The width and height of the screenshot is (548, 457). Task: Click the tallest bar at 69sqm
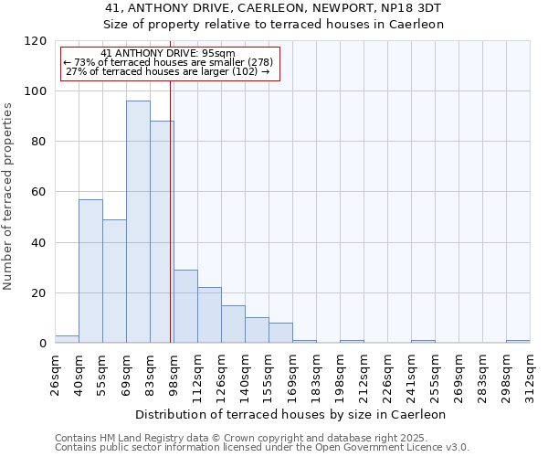coord(138,222)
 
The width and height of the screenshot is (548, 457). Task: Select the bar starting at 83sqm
coord(162,232)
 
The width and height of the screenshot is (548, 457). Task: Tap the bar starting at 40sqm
coord(90,271)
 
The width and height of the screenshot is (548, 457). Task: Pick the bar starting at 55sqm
coord(114,282)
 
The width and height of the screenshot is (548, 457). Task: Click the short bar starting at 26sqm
coord(67,340)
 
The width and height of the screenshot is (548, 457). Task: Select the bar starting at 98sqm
coord(185,307)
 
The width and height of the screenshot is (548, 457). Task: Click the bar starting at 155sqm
coord(280,334)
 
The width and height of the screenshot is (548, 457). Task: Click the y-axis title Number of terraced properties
coord(8,196)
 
